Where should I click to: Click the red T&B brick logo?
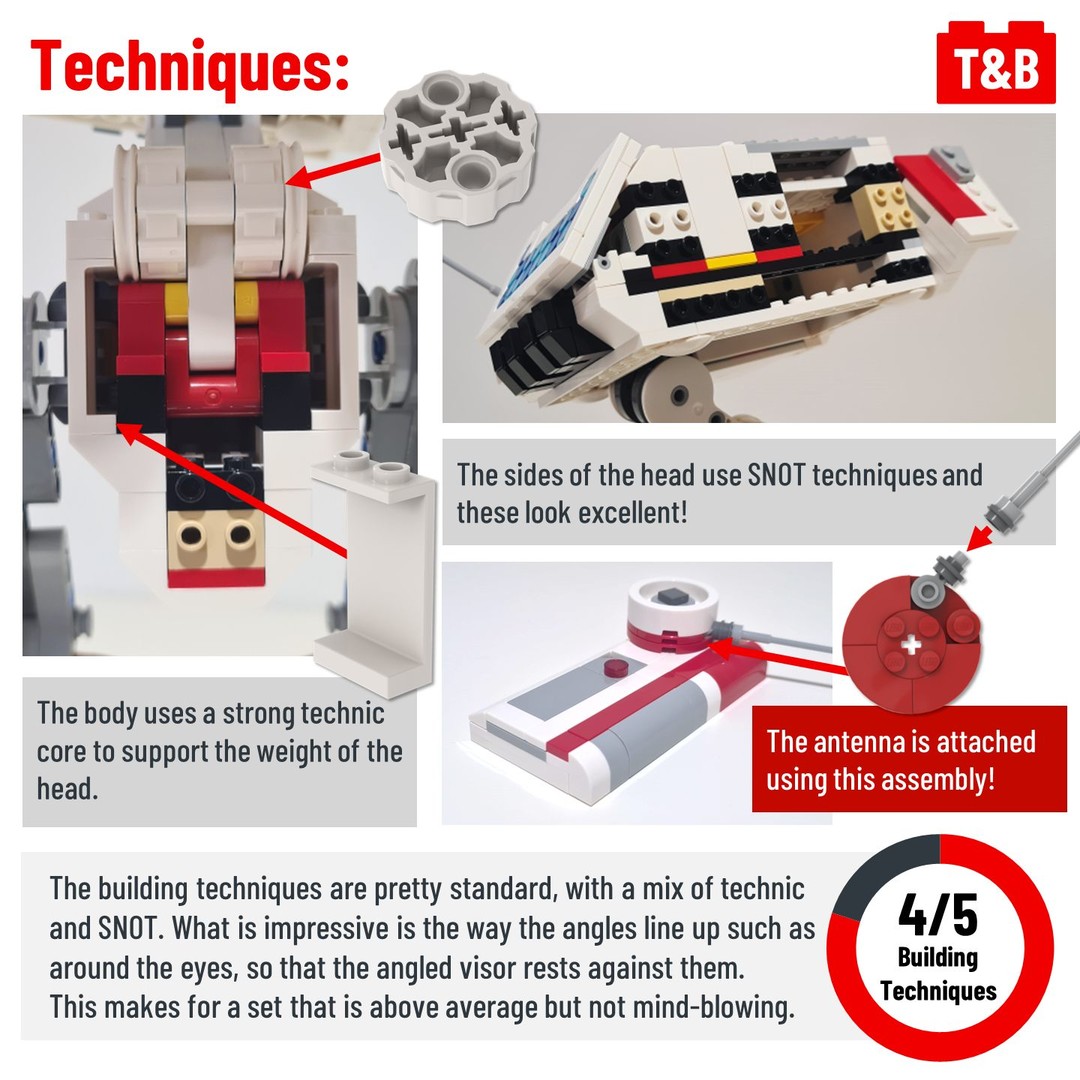click(x=995, y=63)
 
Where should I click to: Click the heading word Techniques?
click(x=190, y=66)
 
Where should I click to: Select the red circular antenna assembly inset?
click(x=911, y=644)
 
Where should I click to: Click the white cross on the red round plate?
click(x=911, y=645)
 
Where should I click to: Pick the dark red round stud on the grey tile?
click(x=612, y=667)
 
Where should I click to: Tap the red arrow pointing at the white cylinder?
click(x=333, y=171)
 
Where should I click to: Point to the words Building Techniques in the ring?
click(x=938, y=973)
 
